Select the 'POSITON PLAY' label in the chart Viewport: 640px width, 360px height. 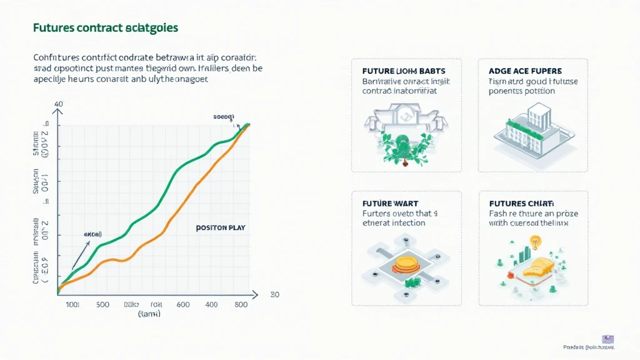[220, 228]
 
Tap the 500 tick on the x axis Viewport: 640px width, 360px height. [102, 304]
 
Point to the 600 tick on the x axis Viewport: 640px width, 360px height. [182, 304]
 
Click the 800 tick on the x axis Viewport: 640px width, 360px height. [241, 304]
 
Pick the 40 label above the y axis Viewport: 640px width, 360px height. [59, 104]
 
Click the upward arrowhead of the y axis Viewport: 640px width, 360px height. [59, 112]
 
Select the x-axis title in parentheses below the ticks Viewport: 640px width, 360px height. [149, 314]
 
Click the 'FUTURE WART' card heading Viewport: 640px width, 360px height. [391, 204]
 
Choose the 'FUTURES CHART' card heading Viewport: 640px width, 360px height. [516, 204]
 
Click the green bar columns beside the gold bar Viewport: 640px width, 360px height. [524, 253]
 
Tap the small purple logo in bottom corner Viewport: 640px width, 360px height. [607, 339]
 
